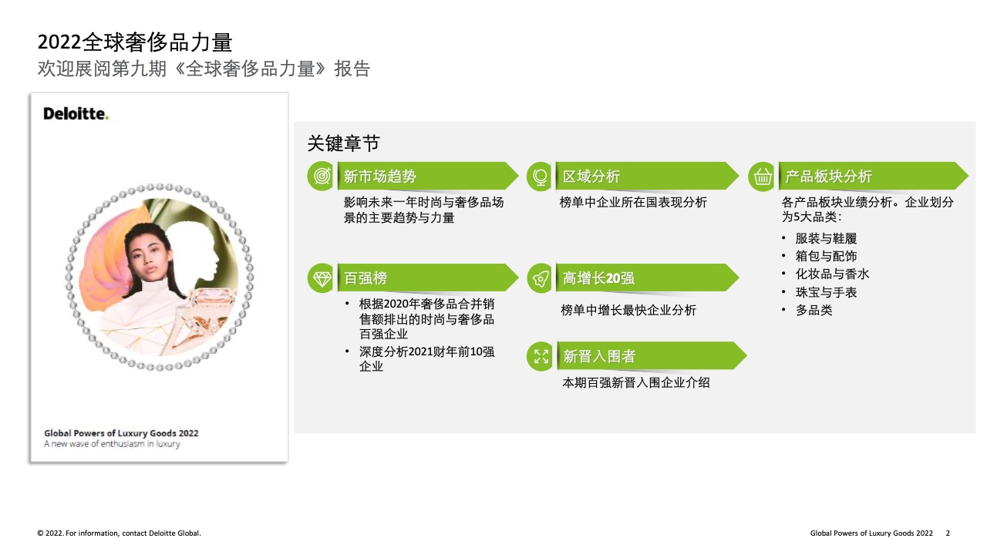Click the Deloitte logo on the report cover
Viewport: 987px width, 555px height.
pos(76,113)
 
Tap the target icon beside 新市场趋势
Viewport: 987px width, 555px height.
pos(322,177)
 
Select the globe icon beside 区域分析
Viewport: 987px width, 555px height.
pos(540,177)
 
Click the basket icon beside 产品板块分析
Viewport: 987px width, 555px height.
pos(763,177)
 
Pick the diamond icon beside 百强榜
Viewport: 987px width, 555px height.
pos(322,278)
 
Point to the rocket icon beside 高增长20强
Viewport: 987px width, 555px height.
pos(541,278)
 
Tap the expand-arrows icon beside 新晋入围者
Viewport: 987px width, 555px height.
pos(541,356)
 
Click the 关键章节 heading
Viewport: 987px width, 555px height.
pos(343,143)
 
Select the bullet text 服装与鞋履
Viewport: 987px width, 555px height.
pos(826,238)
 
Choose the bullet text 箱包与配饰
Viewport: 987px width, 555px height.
pos(826,256)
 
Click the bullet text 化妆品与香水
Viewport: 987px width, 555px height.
pos(832,274)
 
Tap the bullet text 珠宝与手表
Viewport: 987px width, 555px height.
pos(826,292)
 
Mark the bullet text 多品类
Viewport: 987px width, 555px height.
pos(814,310)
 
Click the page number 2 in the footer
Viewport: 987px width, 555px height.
pos(948,533)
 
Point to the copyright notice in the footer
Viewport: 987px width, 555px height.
pos(119,533)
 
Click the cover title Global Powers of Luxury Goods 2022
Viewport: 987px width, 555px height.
pos(121,433)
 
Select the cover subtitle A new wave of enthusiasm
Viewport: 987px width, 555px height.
pos(112,444)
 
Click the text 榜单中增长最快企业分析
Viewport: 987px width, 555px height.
pos(628,310)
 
